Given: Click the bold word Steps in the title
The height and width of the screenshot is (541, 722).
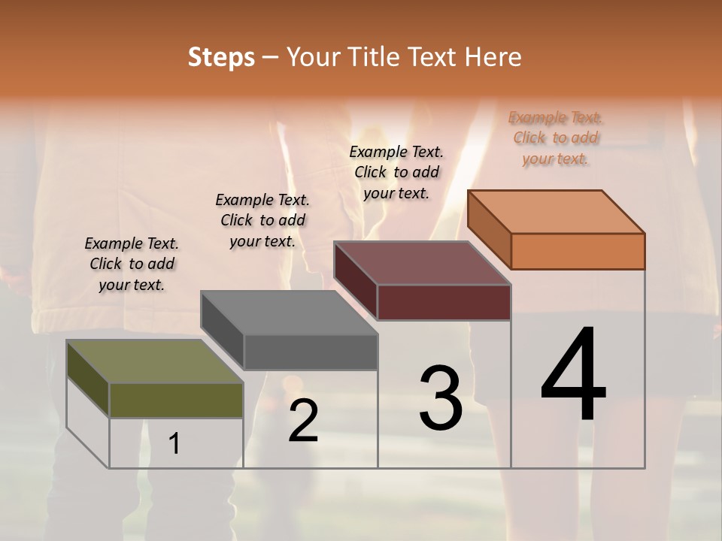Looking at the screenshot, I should (221, 57).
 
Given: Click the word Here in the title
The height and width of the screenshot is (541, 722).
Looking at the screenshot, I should (493, 57).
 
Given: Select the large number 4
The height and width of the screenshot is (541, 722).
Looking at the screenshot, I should (574, 376).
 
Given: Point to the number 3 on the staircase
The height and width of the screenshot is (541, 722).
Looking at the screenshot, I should (441, 397).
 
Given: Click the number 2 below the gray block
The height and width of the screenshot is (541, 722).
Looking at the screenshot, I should (303, 421).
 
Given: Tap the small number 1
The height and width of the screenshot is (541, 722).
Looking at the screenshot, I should (174, 443).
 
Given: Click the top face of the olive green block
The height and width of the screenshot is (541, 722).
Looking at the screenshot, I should (154, 361).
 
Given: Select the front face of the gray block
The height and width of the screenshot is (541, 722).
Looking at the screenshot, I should (311, 352).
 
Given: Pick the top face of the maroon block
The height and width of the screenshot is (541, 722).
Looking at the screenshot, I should (422, 263).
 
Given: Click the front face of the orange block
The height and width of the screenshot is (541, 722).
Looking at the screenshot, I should (578, 251).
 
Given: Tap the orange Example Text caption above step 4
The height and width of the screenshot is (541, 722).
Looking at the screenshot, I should (556, 138).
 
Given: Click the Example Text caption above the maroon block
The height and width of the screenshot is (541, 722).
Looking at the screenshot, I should (396, 172).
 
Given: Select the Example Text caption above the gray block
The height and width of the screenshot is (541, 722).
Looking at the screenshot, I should (262, 220).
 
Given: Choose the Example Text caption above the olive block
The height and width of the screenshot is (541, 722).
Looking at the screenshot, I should (132, 264).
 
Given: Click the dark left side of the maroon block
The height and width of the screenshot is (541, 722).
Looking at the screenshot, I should (356, 280).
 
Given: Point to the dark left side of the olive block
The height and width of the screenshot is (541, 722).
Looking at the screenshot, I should (88, 379).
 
